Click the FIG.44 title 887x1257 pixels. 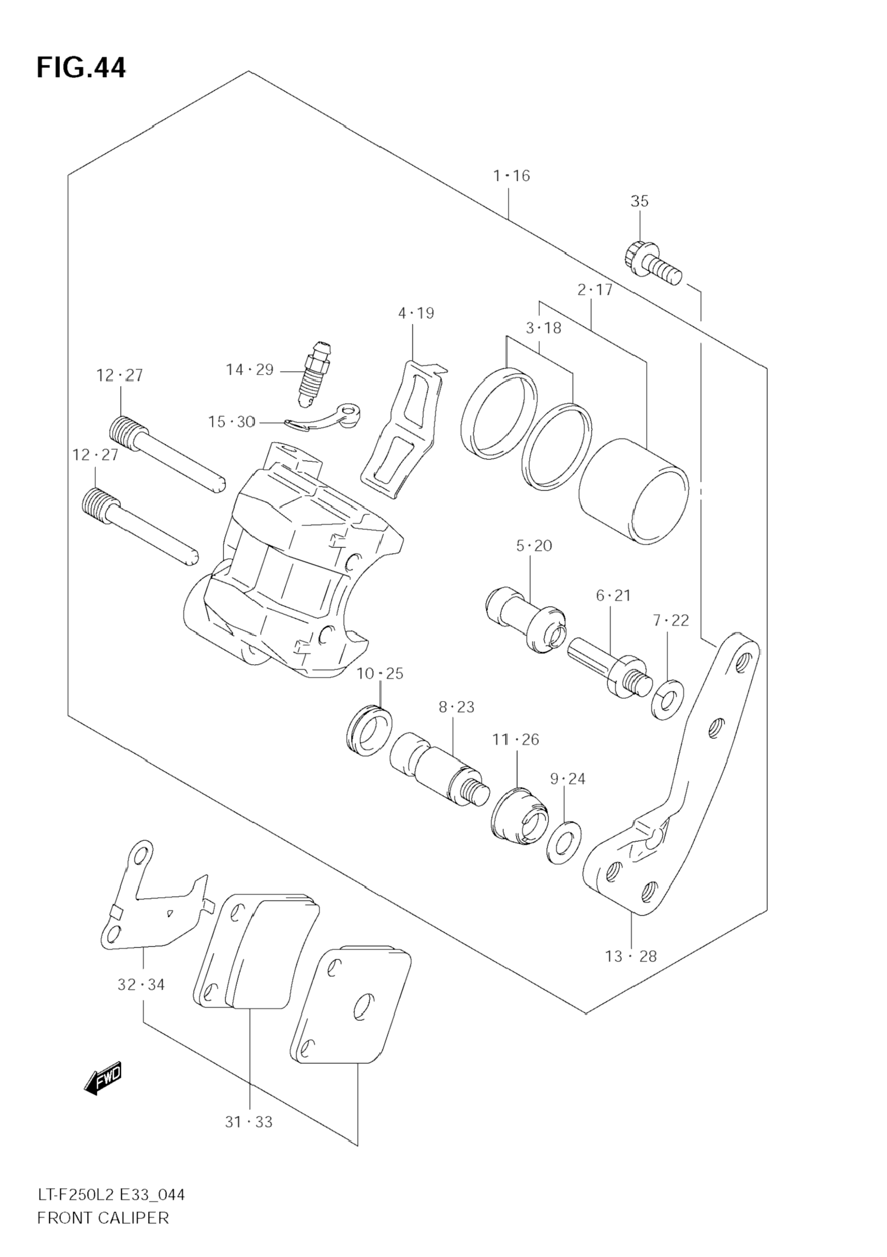(81, 68)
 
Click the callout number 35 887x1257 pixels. (639, 202)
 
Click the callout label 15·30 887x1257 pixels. (232, 422)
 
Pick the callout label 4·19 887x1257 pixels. (416, 313)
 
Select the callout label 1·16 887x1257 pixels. (511, 175)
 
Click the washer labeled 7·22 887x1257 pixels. (667, 700)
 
